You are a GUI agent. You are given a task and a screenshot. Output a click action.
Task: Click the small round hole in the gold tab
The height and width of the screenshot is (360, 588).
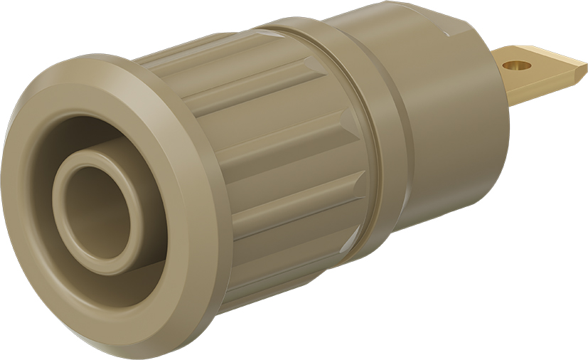coord(517,65)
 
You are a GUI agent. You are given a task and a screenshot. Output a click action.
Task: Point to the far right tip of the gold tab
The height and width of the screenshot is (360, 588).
coord(586,69)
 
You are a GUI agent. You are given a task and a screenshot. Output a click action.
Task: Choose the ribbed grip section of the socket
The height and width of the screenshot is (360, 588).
coord(284,164)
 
